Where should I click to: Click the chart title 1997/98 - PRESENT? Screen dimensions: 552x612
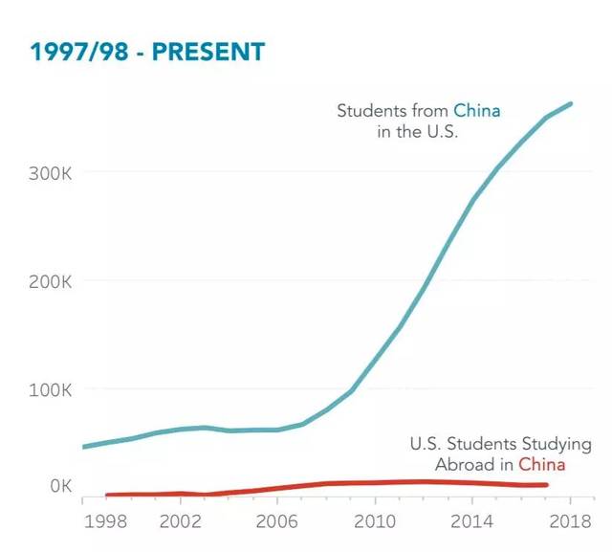click(x=147, y=52)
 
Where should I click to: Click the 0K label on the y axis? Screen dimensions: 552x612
click(x=61, y=486)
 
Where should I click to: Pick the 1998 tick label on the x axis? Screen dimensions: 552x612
click(x=105, y=522)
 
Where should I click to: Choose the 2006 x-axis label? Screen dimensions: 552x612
click(x=277, y=522)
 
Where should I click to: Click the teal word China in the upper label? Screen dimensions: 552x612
click(x=477, y=111)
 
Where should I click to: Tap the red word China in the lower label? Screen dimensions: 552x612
click(x=541, y=465)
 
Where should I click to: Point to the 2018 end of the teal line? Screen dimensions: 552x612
click(x=571, y=103)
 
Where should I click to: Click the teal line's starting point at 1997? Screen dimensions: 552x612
click(x=84, y=447)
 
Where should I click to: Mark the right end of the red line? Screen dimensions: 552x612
click(x=546, y=485)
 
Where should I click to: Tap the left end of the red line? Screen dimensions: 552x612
click(x=106, y=495)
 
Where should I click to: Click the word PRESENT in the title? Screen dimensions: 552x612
click(x=208, y=52)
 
